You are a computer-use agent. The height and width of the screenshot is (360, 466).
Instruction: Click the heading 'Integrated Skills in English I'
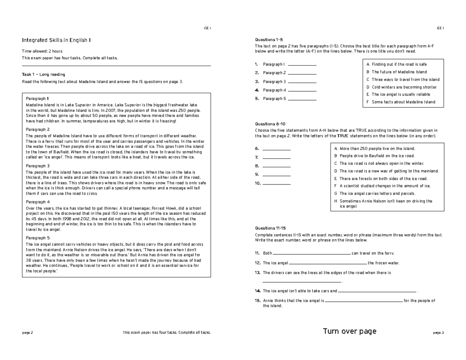click(57, 40)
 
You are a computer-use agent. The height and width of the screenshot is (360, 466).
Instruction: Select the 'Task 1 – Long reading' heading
click(43, 74)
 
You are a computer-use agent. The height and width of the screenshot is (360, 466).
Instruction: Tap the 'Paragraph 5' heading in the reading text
click(38, 238)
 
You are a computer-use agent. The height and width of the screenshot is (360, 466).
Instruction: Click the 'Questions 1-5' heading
click(269, 40)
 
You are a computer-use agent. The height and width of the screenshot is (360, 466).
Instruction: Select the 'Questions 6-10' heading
click(270, 123)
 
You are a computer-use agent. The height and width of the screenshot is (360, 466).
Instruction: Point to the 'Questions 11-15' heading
click(271, 228)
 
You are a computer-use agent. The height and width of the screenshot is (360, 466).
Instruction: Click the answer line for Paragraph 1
click(302, 65)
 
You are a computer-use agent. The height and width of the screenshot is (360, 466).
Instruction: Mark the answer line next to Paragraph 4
click(302, 90)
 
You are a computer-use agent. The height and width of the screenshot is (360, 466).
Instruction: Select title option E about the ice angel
click(400, 94)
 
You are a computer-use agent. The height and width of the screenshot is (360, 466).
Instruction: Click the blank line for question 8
click(276, 167)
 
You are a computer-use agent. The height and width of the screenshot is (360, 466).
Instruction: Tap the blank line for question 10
click(276, 184)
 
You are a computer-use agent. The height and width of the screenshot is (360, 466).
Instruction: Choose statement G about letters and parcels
click(377, 193)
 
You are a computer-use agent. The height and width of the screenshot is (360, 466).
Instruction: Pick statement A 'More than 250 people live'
click(377, 148)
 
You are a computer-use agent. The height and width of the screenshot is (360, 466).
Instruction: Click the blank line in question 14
click(377, 291)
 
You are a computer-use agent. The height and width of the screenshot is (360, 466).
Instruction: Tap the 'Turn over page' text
click(349, 331)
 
